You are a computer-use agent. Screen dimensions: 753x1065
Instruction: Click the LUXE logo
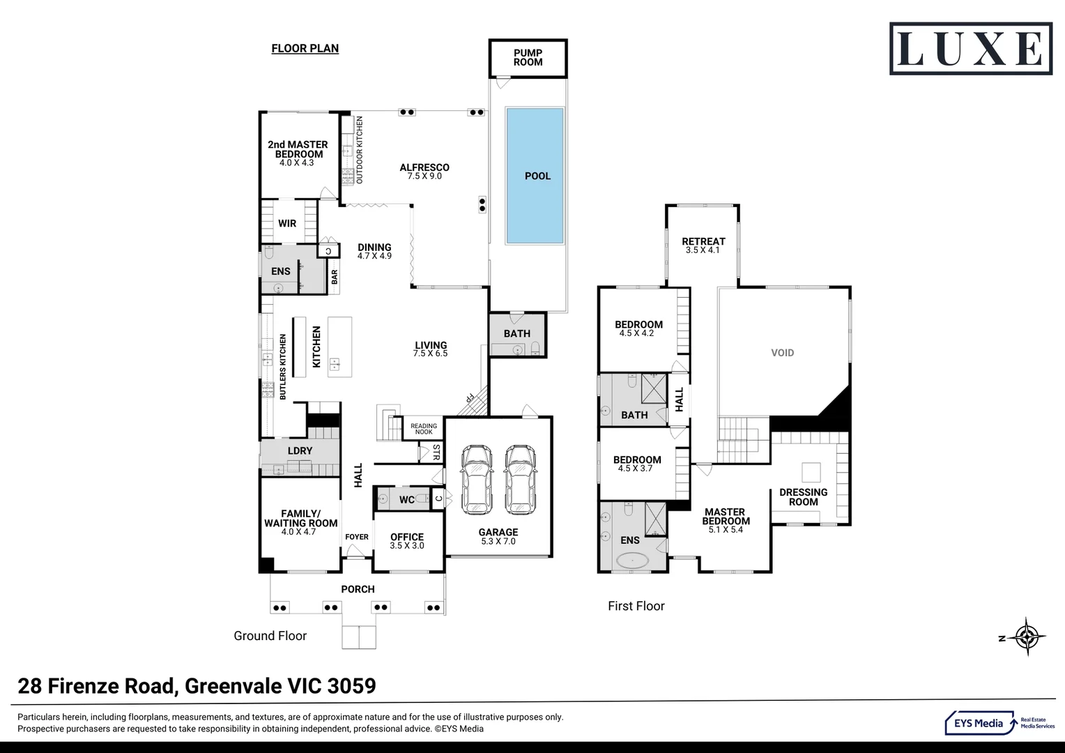point(970,49)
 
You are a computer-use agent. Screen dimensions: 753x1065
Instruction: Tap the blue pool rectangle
point(535,176)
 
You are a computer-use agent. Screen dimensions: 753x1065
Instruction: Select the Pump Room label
point(528,57)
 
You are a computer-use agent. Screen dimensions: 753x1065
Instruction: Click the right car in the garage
point(519,479)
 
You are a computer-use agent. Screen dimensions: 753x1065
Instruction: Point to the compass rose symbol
point(1027,637)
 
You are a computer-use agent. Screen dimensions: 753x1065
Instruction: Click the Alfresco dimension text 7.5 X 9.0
point(424,176)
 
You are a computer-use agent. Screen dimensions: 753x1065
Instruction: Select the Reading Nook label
point(423,429)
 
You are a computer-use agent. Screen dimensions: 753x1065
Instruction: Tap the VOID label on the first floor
point(782,353)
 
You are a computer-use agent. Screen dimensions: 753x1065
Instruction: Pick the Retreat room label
point(703,242)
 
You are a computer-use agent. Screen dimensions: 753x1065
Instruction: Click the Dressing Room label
point(803,496)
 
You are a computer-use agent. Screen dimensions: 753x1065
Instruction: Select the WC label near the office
point(407,499)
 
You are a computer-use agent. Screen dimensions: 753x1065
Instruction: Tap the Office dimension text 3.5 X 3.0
point(407,546)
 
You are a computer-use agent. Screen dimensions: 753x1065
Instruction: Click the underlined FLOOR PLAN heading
point(305,48)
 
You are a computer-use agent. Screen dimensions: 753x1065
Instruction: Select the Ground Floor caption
point(270,636)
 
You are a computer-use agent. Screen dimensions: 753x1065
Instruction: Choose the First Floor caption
point(636,606)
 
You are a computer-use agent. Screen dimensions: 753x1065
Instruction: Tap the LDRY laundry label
point(300,450)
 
